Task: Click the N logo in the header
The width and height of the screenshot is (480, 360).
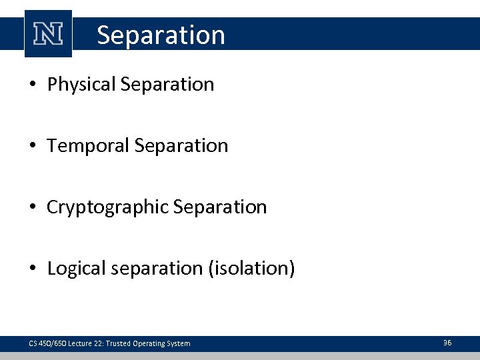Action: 48,34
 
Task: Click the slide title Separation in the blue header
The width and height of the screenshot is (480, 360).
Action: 161,35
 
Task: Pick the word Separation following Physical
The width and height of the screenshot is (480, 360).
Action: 167,85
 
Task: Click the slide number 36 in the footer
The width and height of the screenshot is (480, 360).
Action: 447,343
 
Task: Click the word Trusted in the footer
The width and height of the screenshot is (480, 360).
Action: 124,343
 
